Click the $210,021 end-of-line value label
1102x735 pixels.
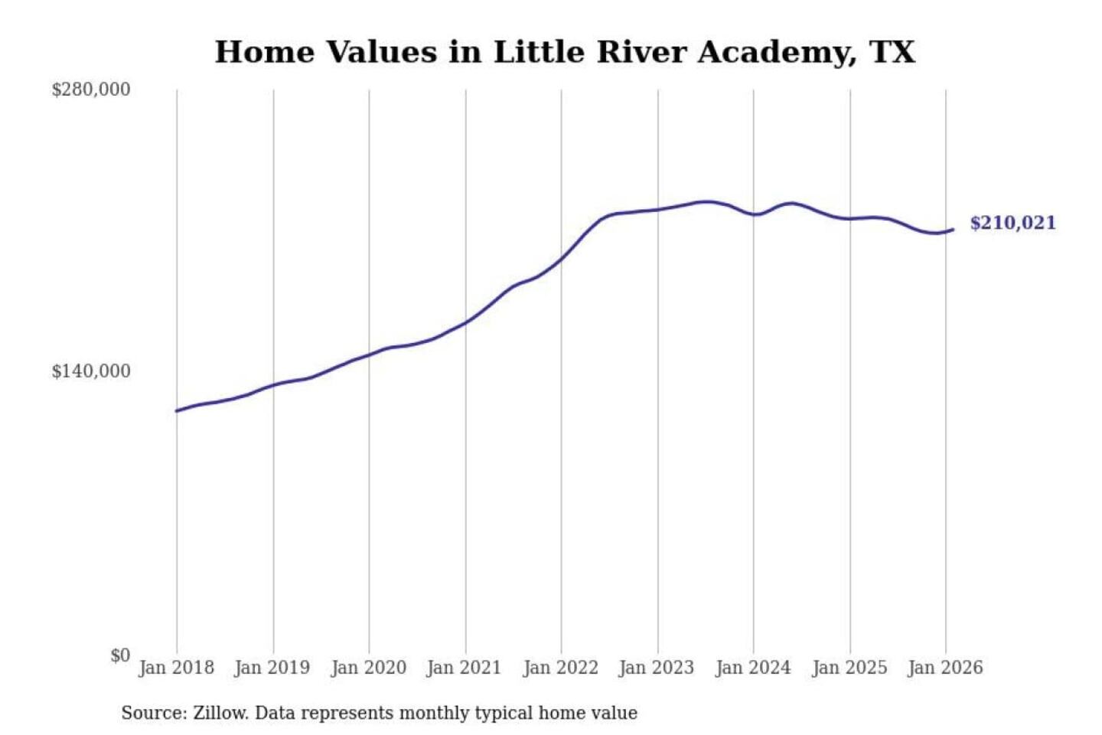pos(1012,223)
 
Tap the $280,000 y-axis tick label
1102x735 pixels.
pos(91,90)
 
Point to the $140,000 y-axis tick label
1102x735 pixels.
pos(91,371)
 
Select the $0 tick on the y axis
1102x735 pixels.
pos(120,655)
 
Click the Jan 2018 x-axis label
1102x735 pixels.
pos(176,668)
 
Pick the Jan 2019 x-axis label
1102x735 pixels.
pos(272,668)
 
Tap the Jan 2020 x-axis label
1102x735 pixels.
pos(368,668)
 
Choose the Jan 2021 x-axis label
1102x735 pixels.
pos(465,668)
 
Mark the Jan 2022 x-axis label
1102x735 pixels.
pos(560,668)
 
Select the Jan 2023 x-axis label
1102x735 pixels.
pos(657,668)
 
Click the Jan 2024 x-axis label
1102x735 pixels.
pos(753,668)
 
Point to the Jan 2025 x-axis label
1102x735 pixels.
pos(849,668)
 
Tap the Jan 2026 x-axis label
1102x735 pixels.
pos(945,668)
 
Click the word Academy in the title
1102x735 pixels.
pos(777,52)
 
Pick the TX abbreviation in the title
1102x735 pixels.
pos(892,52)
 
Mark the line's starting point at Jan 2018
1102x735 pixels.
pos(177,411)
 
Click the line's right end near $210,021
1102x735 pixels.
pos(953,229)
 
